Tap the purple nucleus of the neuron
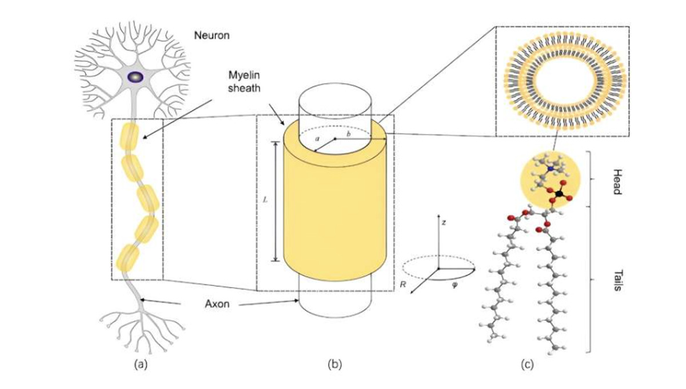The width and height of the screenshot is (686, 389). tap(135, 76)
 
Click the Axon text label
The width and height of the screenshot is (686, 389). tap(217, 304)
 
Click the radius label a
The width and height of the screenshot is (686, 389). tap(317, 138)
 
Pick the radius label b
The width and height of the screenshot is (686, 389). tap(349, 133)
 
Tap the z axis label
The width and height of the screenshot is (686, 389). tap(443, 220)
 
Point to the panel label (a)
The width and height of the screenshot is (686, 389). tap(142, 363)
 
